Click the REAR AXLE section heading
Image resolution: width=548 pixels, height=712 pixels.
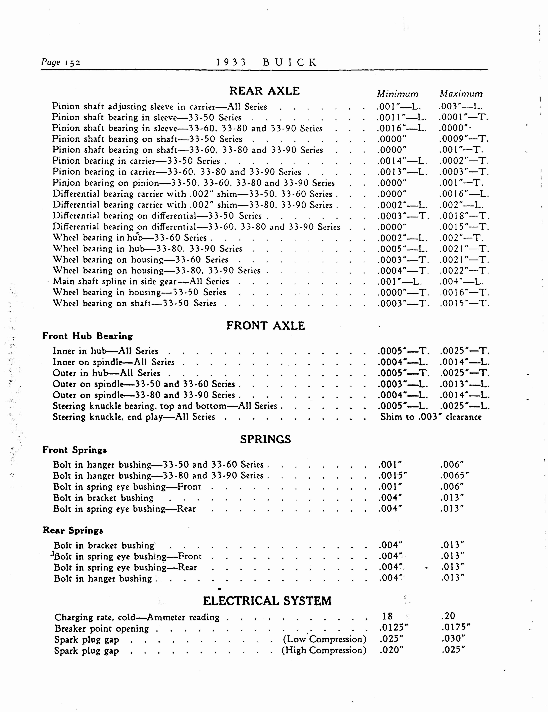264,91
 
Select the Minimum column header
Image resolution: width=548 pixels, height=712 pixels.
397,94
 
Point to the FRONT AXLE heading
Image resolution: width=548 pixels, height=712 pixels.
266,325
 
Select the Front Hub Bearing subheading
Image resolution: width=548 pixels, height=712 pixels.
87,336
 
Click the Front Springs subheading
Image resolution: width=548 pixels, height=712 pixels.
75,450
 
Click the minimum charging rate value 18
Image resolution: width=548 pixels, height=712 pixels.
388,616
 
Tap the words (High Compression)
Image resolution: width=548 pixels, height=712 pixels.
324,650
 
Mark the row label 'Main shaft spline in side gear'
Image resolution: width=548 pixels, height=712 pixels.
141,281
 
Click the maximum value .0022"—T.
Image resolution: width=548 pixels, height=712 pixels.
464,271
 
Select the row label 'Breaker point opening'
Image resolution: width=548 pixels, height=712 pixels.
102,628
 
